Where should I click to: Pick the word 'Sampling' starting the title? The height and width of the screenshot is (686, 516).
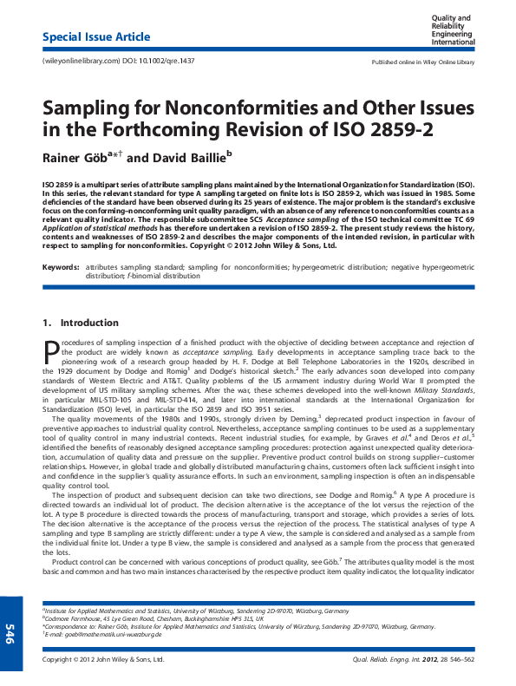point(86,109)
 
